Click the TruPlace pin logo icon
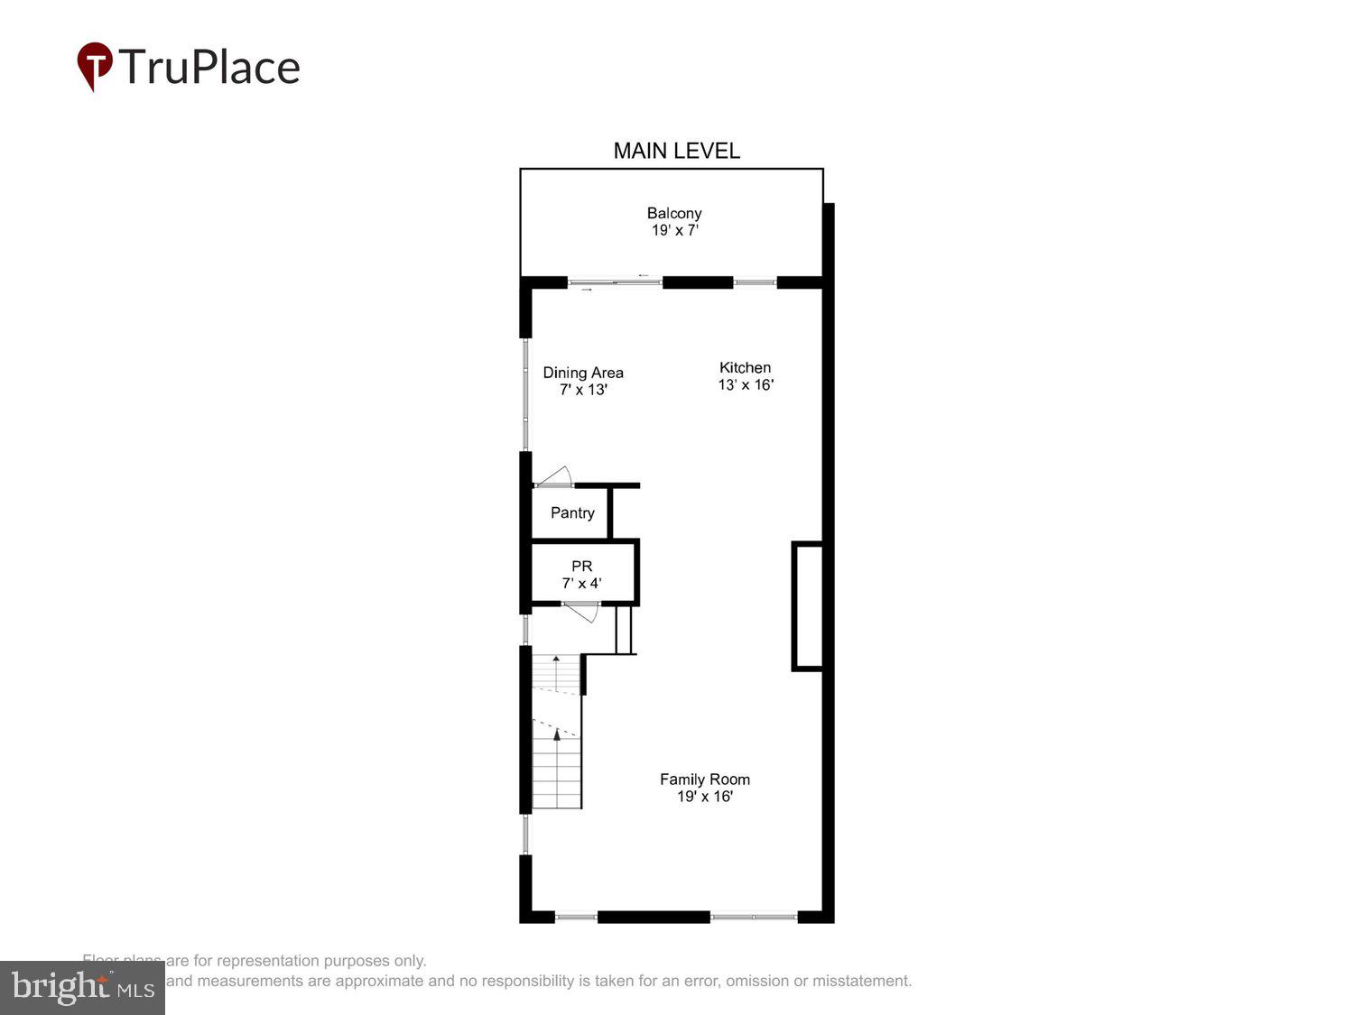(x=94, y=66)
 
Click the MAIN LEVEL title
(x=676, y=151)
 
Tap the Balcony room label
(x=673, y=213)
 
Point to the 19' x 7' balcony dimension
(x=675, y=231)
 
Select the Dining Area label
(x=582, y=373)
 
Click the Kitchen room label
(x=745, y=367)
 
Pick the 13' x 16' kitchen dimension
(x=746, y=385)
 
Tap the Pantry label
(x=572, y=512)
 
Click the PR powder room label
(x=581, y=566)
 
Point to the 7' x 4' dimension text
(x=581, y=584)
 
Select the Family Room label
(x=704, y=780)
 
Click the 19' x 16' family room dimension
(x=704, y=797)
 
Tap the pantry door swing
(x=555, y=476)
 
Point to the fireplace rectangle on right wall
(x=807, y=606)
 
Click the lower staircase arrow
(x=557, y=735)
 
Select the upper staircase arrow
(x=556, y=660)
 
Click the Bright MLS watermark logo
(x=82, y=988)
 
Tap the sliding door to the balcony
(x=615, y=282)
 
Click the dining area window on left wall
(x=526, y=393)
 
